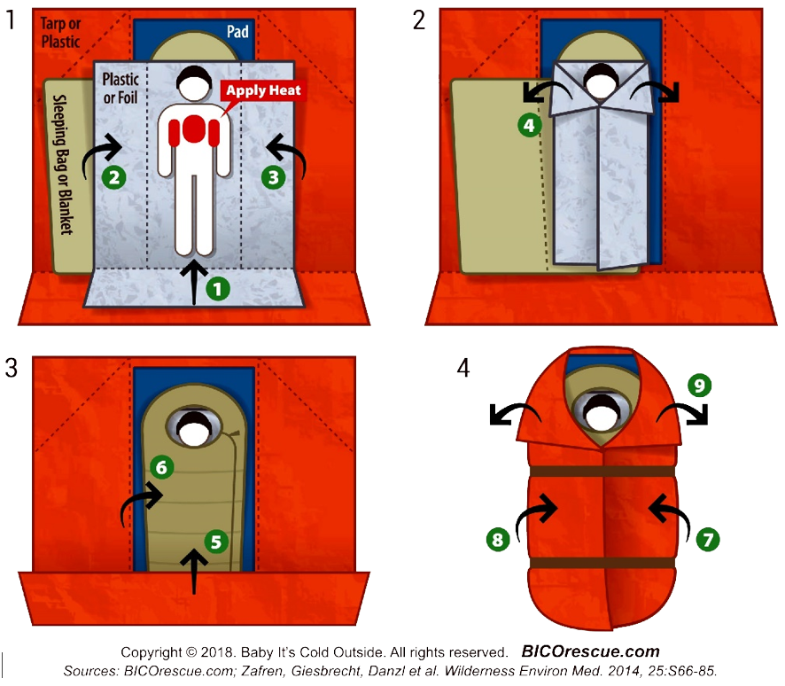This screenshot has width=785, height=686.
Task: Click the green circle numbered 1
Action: (x=217, y=289)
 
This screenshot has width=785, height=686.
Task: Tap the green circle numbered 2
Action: (x=114, y=177)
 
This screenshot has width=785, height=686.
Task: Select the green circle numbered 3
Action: (x=274, y=177)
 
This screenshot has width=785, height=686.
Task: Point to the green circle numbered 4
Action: (x=529, y=125)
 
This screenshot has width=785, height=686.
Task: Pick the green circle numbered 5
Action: (x=216, y=542)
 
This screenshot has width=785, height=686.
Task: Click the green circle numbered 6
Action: (x=162, y=467)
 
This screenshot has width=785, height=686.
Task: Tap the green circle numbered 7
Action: (x=708, y=539)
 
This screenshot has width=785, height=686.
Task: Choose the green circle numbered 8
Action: (x=498, y=539)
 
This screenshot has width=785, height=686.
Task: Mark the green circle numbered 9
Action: (x=699, y=385)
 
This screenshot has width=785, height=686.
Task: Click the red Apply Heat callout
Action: (x=263, y=90)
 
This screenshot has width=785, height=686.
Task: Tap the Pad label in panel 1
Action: (x=237, y=32)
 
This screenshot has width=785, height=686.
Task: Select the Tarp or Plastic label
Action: (x=60, y=33)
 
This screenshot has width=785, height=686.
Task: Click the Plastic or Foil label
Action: (x=120, y=88)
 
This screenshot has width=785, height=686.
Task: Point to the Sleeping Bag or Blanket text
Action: (x=64, y=165)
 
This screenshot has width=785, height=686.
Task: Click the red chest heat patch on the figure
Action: (x=194, y=129)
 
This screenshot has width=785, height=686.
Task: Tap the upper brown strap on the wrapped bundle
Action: (x=602, y=472)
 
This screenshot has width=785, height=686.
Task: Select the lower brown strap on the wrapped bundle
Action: (x=602, y=563)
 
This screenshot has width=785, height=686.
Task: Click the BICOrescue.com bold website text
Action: (x=591, y=651)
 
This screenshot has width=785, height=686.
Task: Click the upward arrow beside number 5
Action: (x=194, y=573)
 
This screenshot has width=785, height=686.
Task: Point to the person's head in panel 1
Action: (x=194, y=83)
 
